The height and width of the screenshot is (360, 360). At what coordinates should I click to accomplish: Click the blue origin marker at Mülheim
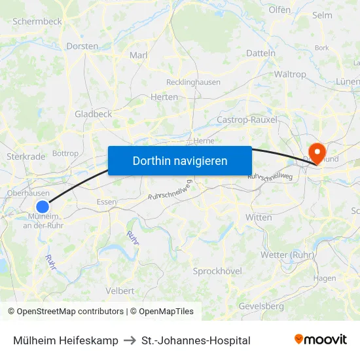pyautogui.click(x=43, y=207)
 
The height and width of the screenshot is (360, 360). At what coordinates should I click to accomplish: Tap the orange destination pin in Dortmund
pyautogui.click(x=317, y=152)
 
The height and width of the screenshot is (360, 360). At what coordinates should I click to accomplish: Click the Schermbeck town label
pyautogui.click(x=37, y=21)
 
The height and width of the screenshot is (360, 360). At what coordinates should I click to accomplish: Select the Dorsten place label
pyautogui.click(x=82, y=46)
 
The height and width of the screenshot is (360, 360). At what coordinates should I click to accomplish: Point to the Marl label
pyautogui.click(x=139, y=55)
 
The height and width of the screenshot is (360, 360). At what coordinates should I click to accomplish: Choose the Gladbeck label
pyautogui.click(x=94, y=114)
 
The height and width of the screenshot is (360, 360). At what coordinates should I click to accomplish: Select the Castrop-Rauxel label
pyautogui.click(x=247, y=120)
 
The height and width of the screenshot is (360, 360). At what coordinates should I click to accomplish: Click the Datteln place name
pyautogui.click(x=261, y=53)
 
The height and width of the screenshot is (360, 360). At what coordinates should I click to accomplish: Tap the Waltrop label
pyautogui.click(x=290, y=75)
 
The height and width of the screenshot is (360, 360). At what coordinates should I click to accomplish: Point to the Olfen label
pyautogui.click(x=279, y=10)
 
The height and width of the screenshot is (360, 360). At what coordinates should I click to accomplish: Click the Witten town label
pyautogui.click(x=259, y=217)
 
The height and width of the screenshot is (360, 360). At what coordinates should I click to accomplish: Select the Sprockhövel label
pyautogui.click(x=217, y=271)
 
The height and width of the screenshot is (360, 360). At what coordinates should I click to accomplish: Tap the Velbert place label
pyautogui.click(x=120, y=291)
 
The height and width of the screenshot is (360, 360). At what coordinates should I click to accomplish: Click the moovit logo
pyautogui.click(x=321, y=340)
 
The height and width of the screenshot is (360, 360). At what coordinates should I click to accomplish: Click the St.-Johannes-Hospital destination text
pyautogui.click(x=196, y=340)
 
